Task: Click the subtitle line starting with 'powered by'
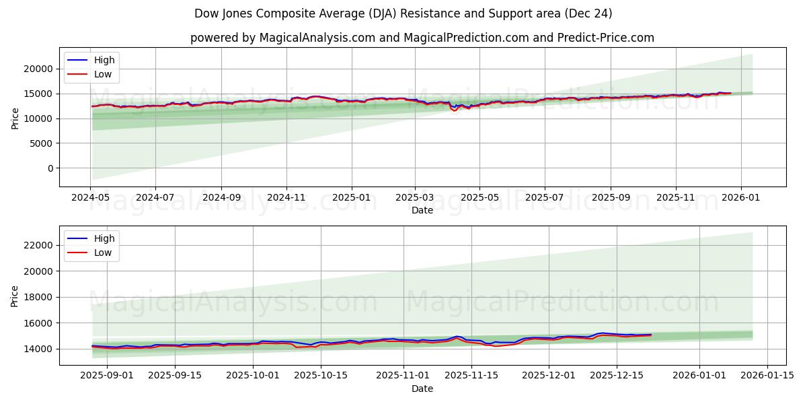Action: point(422,38)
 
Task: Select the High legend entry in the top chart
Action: point(104,60)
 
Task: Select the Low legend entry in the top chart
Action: point(103,75)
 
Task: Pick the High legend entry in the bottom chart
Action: point(104,238)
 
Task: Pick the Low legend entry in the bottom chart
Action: point(103,253)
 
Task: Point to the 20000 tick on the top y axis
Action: point(39,69)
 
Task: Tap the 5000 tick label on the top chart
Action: point(42,143)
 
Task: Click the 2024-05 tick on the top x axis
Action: point(90,199)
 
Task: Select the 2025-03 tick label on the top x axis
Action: point(415,199)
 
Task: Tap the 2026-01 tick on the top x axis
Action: point(740,199)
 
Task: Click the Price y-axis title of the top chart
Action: point(15,117)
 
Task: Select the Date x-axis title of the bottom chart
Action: point(422,389)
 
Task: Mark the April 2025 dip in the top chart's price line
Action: point(455,109)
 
